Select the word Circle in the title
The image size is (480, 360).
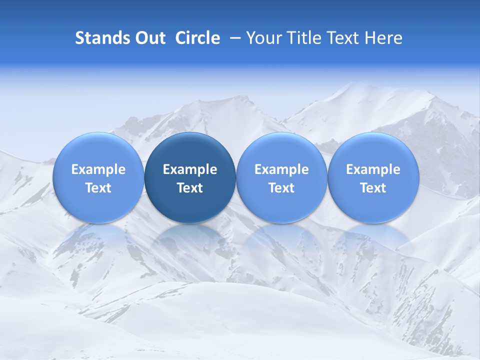tap(197, 38)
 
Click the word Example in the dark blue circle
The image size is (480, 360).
tap(190, 169)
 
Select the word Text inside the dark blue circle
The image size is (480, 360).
tap(190, 188)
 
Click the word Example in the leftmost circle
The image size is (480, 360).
tap(98, 169)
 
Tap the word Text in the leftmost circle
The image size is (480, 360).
tap(98, 188)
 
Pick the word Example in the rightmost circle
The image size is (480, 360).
tap(373, 169)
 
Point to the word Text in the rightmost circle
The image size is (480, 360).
tap(373, 188)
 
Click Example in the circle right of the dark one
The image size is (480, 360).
tap(281, 169)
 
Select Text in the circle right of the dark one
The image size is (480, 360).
tap(281, 188)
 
